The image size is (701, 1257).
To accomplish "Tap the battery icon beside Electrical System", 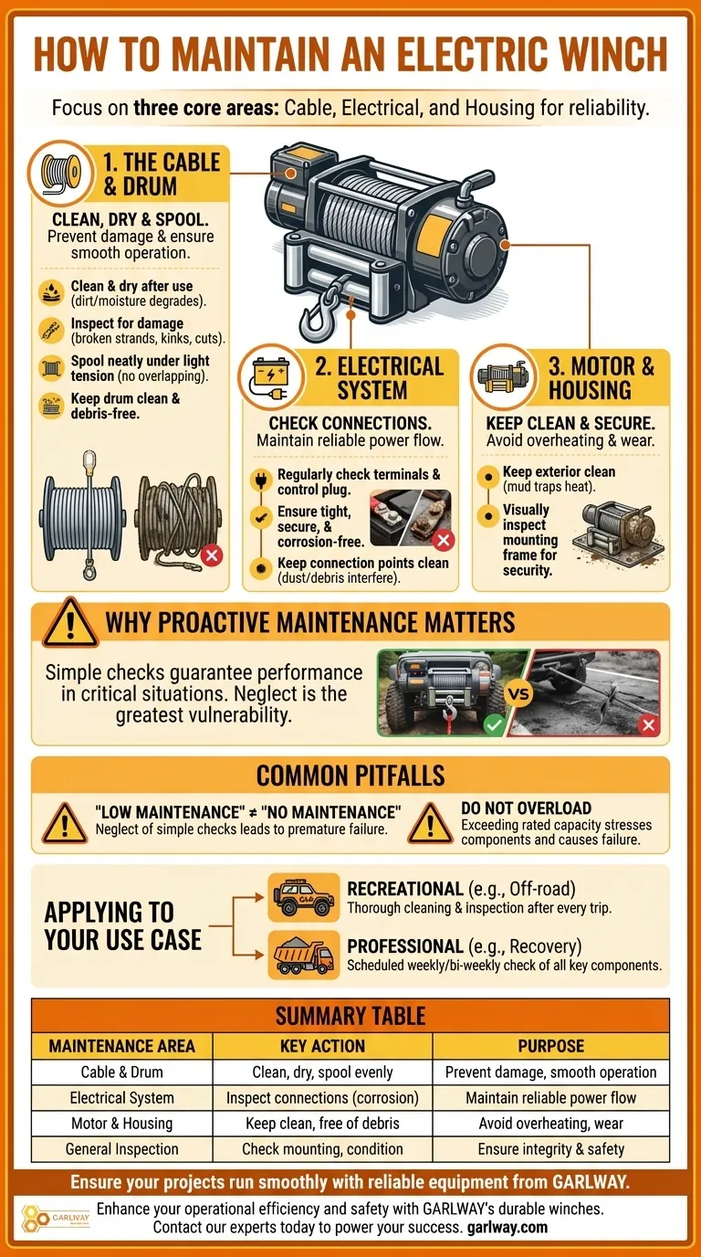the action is (x=271, y=376).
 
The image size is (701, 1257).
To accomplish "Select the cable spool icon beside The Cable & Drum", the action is (x=61, y=173).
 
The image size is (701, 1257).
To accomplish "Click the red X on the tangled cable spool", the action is (x=212, y=556).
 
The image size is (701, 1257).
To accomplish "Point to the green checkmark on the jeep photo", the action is (x=494, y=725).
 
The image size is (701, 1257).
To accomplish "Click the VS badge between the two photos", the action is (x=519, y=694).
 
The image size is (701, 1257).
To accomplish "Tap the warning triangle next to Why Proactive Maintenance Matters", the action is (x=70, y=622).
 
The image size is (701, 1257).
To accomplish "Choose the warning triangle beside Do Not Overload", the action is (x=430, y=823).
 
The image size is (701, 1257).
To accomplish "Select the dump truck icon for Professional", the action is (x=304, y=956).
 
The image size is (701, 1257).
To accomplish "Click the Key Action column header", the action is (x=322, y=1046).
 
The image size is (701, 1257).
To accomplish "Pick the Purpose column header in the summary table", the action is (x=550, y=1046).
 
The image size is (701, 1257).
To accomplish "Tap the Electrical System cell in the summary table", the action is (x=122, y=1098).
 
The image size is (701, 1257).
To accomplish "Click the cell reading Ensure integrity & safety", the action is (x=550, y=1148).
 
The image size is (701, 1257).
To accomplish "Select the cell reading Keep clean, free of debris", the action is (x=322, y=1124).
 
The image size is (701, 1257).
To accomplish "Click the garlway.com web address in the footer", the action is (x=507, y=1227).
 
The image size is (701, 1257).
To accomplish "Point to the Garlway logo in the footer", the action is (x=56, y=1219).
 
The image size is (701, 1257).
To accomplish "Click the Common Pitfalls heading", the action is (x=350, y=776).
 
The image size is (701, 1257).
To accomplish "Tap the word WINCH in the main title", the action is (x=613, y=54).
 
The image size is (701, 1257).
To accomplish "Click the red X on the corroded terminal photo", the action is (x=444, y=541).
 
